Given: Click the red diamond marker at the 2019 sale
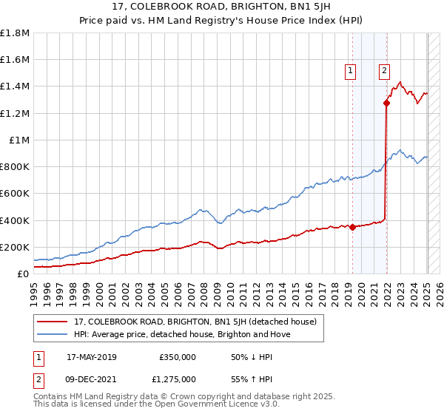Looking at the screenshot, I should (x=352, y=227).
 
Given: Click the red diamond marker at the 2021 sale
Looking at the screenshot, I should (x=386, y=103).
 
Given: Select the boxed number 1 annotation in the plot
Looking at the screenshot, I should (x=349, y=71).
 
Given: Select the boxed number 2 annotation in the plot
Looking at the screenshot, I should (x=385, y=71).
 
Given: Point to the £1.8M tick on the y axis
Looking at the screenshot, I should (x=16, y=33).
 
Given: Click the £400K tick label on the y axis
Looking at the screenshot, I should (x=16, y=220).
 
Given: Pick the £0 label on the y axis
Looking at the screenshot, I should (x=23, y=274).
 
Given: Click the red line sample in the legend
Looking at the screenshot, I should (x=53, y=322).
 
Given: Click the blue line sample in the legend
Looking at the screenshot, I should (x=53, y=334).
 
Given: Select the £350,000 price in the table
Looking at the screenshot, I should (x=177, y=356).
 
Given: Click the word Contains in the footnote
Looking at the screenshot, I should (x=52, y=397).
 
